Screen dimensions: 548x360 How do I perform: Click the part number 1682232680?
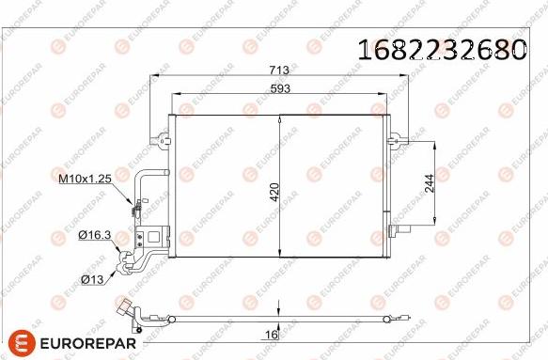[x=442, y=49]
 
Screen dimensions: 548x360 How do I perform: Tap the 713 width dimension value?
[x=279, y=70]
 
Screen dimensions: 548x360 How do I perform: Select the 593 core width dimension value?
[x=280, y=88]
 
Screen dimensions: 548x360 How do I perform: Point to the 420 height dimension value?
[x=274, y=192]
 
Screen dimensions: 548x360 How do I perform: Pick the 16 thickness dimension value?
[x=272, y=335]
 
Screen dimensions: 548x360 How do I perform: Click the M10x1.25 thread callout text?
[x=85, y=179]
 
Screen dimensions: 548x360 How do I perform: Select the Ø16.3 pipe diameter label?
[x=95, y=235]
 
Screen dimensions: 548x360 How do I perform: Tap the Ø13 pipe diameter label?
[x=92, y=279]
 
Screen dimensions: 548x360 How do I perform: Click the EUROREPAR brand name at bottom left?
[x=88, y=343]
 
